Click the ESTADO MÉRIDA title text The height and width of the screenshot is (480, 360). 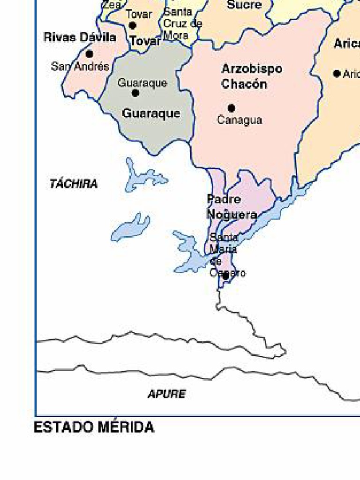point(94,427)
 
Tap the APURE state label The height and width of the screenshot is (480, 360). point(166,394)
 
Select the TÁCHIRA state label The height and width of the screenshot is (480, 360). point(74,184)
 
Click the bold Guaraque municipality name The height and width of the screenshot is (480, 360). point(151,113)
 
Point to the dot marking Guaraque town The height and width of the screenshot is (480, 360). point(135,93)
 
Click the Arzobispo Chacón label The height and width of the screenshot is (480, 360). point(252,76)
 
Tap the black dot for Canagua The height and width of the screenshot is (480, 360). point(231,108)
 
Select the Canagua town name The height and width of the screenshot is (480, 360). point(240,120)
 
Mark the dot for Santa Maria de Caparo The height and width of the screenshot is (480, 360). point(225,276)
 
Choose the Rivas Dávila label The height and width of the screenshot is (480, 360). point(80,37)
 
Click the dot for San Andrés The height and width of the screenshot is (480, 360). point(89,54)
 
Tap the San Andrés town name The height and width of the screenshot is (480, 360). point(80,67)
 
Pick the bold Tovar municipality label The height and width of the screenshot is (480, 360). point(145,41)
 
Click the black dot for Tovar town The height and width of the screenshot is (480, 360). point(133,25)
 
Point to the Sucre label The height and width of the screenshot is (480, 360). point(244,5)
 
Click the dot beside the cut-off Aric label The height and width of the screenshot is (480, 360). point(337,74)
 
